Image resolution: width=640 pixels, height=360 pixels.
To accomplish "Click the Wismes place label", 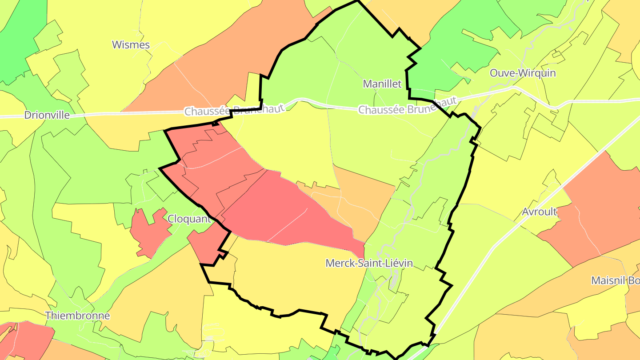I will pos(131,45).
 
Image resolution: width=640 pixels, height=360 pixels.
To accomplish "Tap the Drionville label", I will pos(47,115).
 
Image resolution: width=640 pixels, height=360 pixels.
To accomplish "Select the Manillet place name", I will pos(382,84).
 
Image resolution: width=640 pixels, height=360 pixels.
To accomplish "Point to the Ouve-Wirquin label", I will pos(523,73).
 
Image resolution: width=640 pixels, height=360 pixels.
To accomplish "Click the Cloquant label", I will pos(189,219).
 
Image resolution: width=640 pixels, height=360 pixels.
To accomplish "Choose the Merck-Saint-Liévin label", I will pos(369,263).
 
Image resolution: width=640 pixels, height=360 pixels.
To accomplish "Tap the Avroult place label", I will pos(540,212).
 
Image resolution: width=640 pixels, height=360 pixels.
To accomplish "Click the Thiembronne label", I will pos(78,316).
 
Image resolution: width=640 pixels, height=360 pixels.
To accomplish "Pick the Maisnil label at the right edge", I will pos(616,281).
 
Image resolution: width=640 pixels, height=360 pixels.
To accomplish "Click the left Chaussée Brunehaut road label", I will pos(234,110).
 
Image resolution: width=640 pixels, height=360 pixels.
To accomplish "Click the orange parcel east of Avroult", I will pos(600,209).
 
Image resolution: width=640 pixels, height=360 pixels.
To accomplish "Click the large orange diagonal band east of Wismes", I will pos(222,67).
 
